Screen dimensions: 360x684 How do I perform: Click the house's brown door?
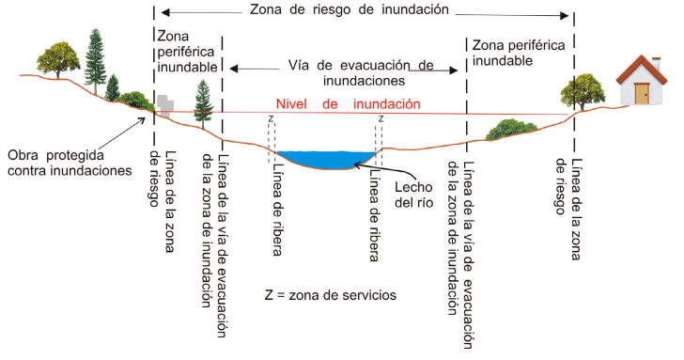[x=642, y=94]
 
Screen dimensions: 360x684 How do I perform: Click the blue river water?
[x=329, y=159]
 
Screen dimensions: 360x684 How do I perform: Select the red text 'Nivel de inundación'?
[x=349, y=104]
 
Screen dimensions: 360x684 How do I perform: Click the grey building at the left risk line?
[x=164, y=103]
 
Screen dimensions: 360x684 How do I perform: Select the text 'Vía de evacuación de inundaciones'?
[x=348, y=74]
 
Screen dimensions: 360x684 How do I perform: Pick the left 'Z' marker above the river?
[x=271, y=119]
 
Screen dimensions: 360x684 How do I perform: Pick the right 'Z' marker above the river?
[x=381, y=119]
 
